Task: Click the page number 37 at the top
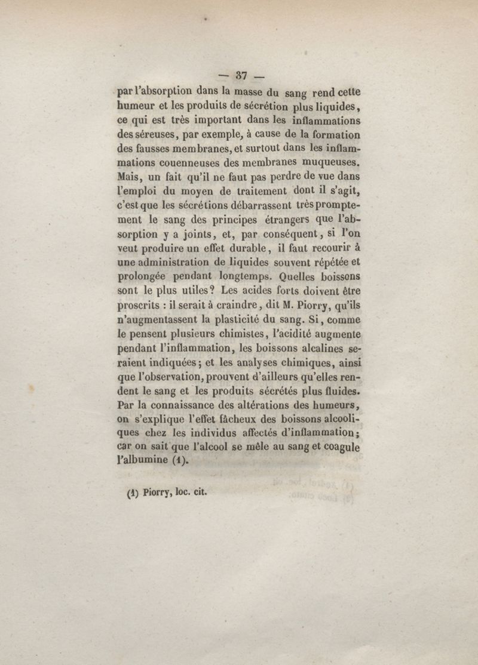(x=241, y=76)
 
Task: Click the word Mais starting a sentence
(x=129, y=177)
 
